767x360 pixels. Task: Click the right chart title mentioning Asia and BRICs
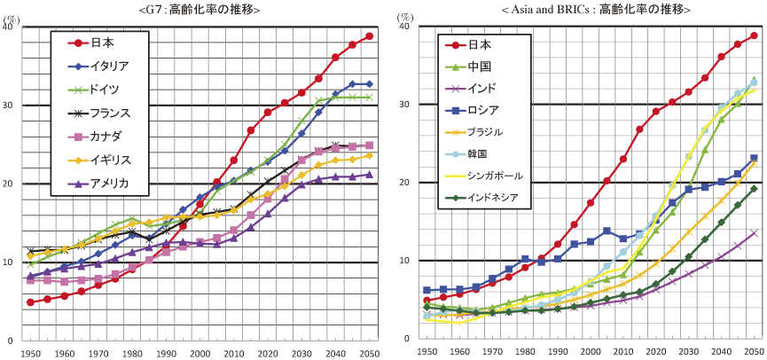coord(595,9)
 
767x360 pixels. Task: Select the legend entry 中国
coord(479,67)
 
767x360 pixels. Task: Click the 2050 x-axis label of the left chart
coord(369,354)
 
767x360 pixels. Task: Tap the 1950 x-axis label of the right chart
coord(428,352)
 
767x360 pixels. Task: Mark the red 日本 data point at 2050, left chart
coord(369,36)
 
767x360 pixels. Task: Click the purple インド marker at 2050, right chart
coord(754,233)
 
